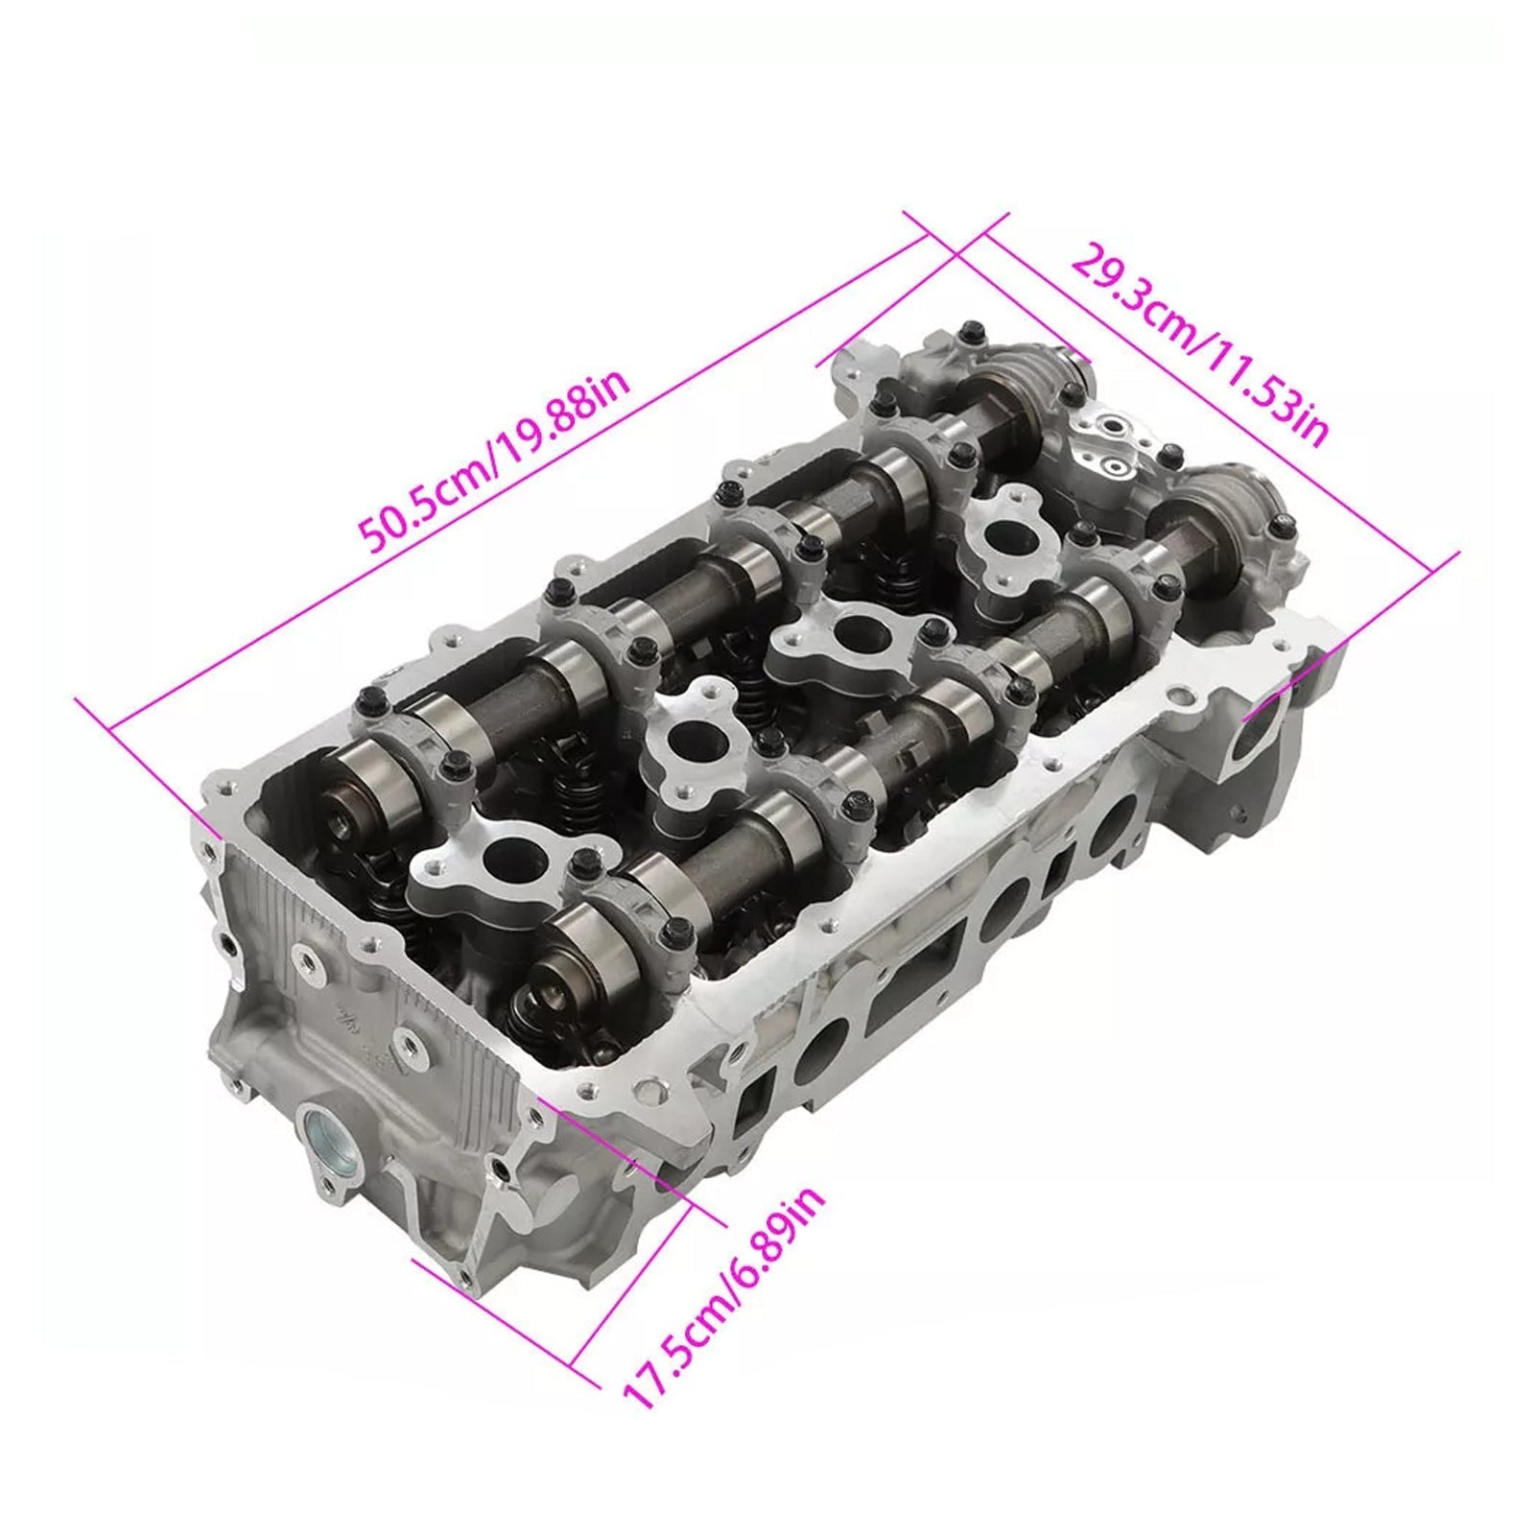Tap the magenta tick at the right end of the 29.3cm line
tap(1443, 562)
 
